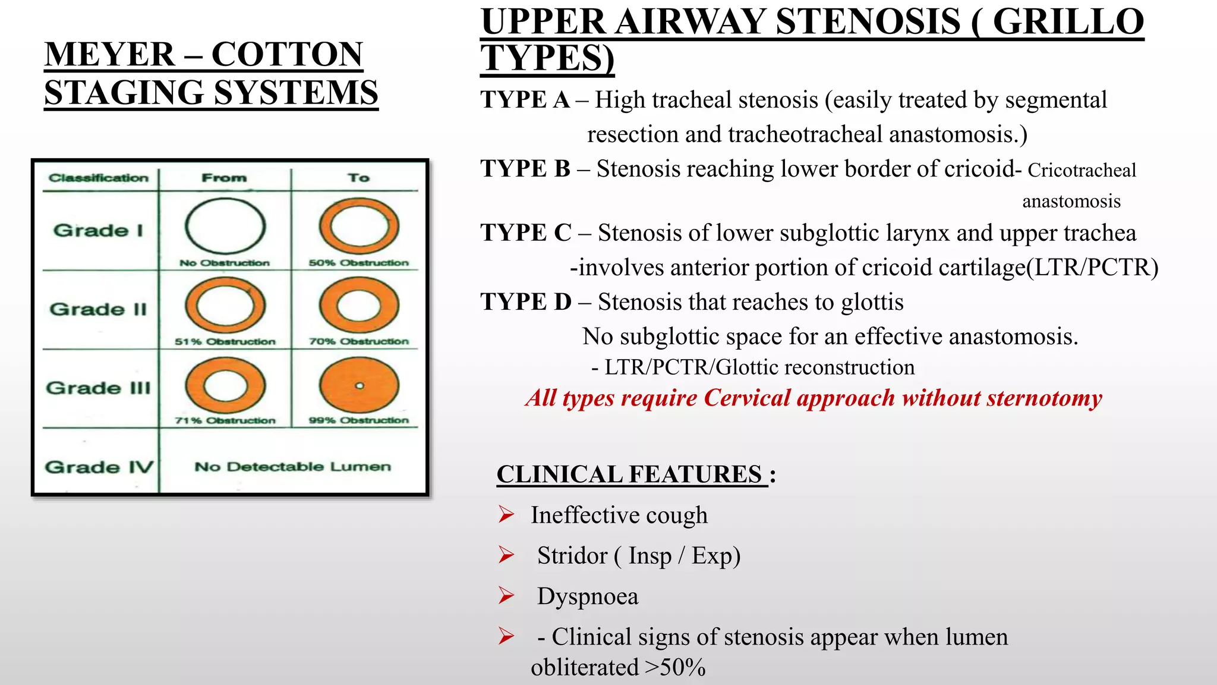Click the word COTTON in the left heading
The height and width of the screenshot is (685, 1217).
pos(287,55)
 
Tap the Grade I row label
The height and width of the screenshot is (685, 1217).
pos(98,230)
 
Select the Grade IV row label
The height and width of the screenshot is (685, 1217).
pos(99,467)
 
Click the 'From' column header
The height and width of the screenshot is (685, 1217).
pos(224,178)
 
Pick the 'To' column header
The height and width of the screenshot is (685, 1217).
pos(358,178)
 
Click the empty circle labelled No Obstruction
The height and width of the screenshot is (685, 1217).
pos(225,227)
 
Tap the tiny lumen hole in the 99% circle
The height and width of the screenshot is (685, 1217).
pos(359,386)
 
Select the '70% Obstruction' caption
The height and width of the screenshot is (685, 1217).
pos(358,341)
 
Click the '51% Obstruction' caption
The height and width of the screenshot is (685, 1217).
pos(225,341)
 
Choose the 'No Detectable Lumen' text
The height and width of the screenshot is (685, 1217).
pos(292,467)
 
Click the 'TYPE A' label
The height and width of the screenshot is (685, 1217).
pos(525,100)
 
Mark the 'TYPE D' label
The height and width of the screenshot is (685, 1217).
pos(526,302)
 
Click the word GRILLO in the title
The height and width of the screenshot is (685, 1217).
pos(1068,21)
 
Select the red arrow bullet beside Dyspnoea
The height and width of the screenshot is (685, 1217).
pos(506,595)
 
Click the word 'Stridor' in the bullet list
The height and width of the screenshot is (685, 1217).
pos(572,555)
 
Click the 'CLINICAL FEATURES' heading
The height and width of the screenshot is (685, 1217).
pos(629,475)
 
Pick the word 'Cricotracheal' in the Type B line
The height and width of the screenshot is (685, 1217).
pos(1082,171)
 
